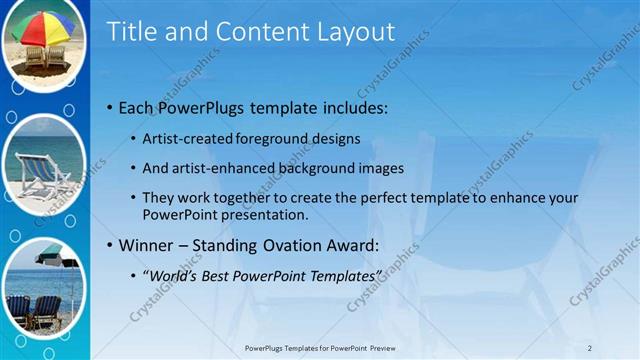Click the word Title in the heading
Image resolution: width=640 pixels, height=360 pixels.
pyautogui.click(x=132, y=32)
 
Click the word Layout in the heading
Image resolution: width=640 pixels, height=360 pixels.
pyautogui.click(x=349, y=32)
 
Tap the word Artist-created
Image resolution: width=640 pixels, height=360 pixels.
pyautogui.click(x=189, y=139)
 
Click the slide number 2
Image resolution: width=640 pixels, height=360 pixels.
pyautogui.click(x=590, y=347)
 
